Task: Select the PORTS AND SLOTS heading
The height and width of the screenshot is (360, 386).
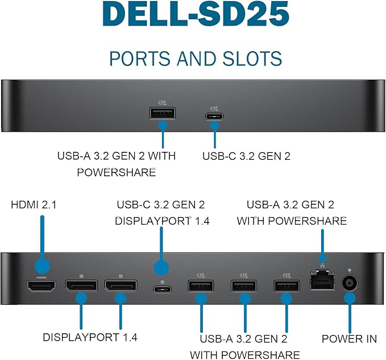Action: pyautogui.click(x=196, y=58)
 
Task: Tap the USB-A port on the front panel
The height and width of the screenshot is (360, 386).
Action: pyautogui.click(x=163, y=113)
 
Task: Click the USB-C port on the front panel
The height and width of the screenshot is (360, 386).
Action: pyautogui.click(x=215, y=117)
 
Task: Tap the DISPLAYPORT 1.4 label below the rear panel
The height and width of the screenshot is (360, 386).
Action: pyautogui.click(x=90, y=337)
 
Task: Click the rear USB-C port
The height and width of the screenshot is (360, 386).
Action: pyautogui.click(x=162, y=289)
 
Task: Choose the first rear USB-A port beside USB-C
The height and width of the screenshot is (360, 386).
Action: pyautogui.click(x=201, y=285)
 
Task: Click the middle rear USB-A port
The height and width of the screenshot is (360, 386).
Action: pyautogui.click(x=243, y=285)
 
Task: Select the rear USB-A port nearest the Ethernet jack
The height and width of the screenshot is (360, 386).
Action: pyautogui.click(x=286, y=285)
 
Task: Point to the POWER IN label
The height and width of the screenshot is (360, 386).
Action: pyautogui.click(x=349, y=339)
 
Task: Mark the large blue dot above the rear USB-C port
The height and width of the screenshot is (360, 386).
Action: pyautogui.click(x=161, y=268)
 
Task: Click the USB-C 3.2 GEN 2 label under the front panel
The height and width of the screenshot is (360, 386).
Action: pyautogui.click(x=247, y=155)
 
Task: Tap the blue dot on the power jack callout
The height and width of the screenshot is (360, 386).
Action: pyautogui.click(x=350, y=297)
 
